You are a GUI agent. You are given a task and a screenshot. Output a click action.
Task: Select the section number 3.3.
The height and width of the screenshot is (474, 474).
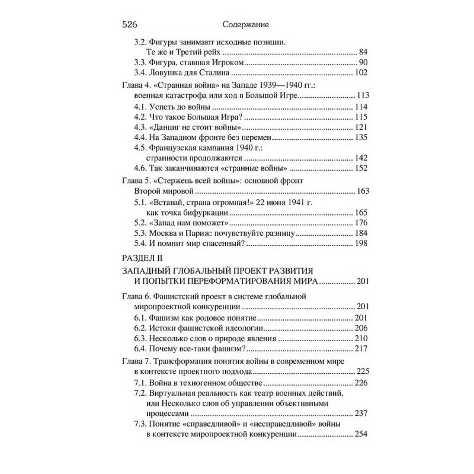(142, 63)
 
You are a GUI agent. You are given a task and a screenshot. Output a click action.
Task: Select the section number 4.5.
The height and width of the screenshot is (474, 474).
(142, 148)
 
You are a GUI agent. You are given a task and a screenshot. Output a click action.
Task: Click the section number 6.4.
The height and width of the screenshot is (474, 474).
(142, 348)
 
